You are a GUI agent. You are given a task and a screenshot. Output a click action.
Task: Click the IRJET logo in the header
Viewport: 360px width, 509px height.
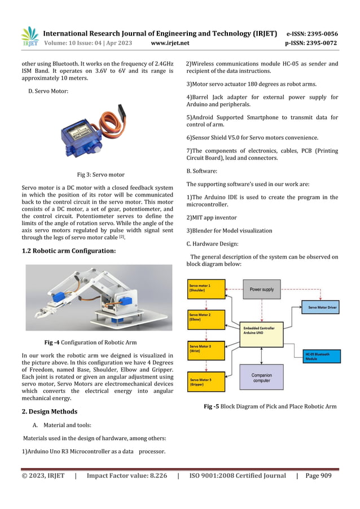pyautogui.click(x=30, y=37)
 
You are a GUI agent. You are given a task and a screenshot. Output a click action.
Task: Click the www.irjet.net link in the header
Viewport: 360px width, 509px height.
pyautogui.click(x=170, y=43)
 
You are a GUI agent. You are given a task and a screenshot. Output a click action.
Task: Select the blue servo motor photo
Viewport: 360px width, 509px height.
pyautogui.click(x=94, y=131)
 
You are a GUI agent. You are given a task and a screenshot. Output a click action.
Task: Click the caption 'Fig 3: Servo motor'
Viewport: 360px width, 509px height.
pyautogui.click(x=100, y=175)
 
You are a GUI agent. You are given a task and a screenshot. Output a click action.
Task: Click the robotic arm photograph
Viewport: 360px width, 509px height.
pyautogui.click(x=99, y=297)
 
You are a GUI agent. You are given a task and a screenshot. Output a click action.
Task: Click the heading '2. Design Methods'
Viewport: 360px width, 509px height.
pyautogui.click(x=50, y=411)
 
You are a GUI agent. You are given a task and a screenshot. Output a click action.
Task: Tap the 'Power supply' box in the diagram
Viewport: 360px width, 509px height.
pyautogui.click(x=262, y=289)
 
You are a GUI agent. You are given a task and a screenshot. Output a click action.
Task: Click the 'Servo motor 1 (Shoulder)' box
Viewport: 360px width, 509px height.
pyautogui.click(x=206, y=289)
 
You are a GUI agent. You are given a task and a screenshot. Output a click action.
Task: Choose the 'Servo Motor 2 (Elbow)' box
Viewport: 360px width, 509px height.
pyautogui.click(x=206, y=319)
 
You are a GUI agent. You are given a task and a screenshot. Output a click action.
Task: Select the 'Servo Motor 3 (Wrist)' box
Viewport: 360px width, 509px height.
pyautogui.click(x=206, y=350)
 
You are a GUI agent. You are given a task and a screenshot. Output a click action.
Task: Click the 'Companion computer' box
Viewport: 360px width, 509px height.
pyautogui.click(x=262, y=377)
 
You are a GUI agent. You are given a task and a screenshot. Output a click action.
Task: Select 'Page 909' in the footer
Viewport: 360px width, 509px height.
pyautogui.click(x=318, y=476)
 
